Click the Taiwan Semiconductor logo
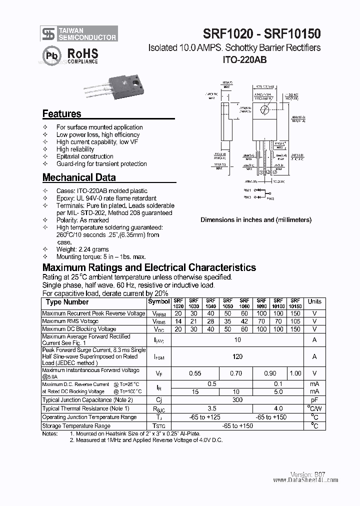coord(79,33)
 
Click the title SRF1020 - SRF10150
coord(255,34)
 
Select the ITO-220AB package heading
coord(244,59)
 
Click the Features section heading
coord(61,113)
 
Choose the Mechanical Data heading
coord(79,177)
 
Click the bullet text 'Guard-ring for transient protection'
coord(101,163)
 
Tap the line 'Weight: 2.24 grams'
coord(82,249)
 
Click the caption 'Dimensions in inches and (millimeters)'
coord(256,219)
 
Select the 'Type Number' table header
coord(67,302)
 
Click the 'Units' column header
coord(314,301)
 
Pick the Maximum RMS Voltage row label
coord(70,321)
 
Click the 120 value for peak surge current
coord(237,356)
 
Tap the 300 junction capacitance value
coord(237,400)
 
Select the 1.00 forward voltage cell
coord(295,373)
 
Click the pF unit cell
coord(314,400)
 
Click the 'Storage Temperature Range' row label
coord(76,426)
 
